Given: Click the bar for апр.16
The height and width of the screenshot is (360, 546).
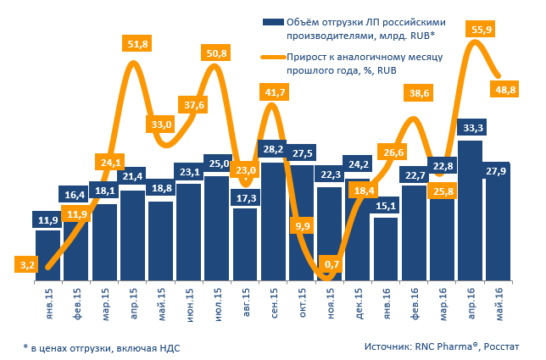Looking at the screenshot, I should coord(470,212).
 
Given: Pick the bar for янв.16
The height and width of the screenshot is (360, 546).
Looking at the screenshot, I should coord(386,249).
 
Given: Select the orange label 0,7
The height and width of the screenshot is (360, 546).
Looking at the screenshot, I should coord(331,265).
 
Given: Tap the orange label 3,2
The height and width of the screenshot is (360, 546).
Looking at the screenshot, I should coord(28,265).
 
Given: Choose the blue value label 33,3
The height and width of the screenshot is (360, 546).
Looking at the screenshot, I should coord(470,128).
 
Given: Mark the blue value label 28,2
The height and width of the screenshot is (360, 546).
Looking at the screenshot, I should coord(272,150).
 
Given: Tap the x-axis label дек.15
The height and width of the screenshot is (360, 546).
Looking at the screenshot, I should coord(359,303).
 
